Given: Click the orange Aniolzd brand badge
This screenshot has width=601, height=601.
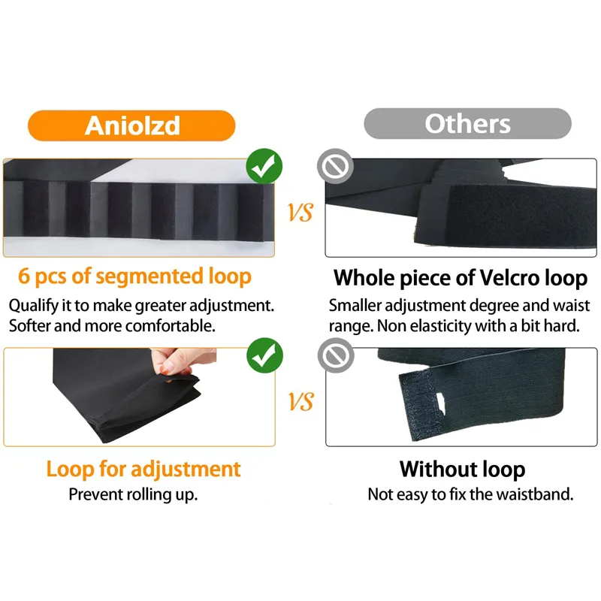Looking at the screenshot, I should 133,124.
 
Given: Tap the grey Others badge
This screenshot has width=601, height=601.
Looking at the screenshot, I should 467,123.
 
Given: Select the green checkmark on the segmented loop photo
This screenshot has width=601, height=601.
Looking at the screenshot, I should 264,168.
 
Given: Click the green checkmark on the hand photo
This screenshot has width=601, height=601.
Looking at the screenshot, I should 264,356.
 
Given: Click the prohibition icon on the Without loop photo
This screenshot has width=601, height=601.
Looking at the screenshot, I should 336,356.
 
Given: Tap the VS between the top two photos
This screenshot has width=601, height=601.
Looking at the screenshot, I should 300,214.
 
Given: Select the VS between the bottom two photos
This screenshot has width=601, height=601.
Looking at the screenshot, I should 300,403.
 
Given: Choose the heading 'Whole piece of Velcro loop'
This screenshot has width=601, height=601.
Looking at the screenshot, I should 460,278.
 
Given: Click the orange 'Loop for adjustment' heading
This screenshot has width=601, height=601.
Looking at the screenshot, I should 143,470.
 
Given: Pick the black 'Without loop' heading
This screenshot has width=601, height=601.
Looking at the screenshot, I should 462,470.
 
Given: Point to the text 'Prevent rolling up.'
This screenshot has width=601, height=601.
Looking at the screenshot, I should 133,494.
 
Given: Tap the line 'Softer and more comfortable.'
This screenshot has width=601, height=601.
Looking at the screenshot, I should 112,326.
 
